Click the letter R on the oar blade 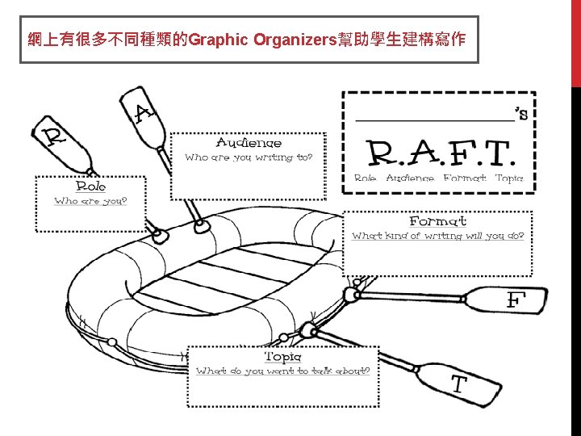(x=53, y=136)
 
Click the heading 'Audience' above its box (x=249, y=143)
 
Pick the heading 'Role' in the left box (x=90, y=187)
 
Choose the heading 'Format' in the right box (x=437, y=220)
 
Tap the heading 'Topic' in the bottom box (x=283, y=356)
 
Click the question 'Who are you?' (x=90, y=201)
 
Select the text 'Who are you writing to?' (x=249, y=157)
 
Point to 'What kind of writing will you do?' (x=437, y=236)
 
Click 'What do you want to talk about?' (x=283, y=371)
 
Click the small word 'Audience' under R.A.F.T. (x=409, y=178)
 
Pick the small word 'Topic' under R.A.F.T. (x=508, y=178)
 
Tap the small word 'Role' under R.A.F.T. (x=365, y=178)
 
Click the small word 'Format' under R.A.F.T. (x=464, y=178)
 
